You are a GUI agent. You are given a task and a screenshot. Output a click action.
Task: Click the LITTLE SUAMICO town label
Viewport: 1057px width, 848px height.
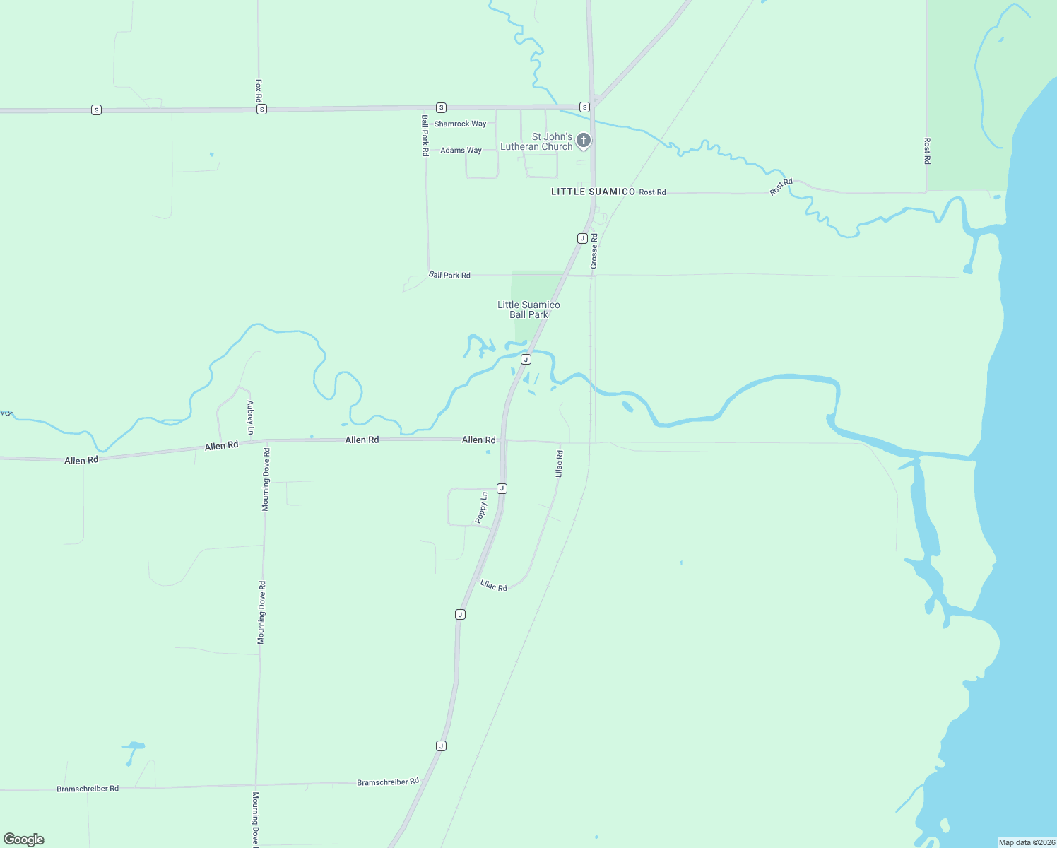tap(593, 192)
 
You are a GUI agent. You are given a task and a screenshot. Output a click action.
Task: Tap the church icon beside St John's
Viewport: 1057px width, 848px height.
tap(584, 140)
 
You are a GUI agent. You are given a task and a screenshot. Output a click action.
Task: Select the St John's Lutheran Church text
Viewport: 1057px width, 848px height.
tap(537, 141)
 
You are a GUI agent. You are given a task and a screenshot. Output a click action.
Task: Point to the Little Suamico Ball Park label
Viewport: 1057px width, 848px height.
tap(528, 310)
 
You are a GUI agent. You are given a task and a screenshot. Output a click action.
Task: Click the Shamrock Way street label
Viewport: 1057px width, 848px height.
tap(460, 124)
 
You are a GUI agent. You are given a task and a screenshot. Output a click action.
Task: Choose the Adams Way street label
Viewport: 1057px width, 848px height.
tap(461, 151)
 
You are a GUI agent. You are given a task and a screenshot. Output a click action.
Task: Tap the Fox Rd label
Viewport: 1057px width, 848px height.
tap(259, 91)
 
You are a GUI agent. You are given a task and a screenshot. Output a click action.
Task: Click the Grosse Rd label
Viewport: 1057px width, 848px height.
tap(594, 251)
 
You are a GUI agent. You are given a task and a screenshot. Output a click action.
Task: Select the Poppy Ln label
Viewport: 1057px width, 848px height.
tap(482, 507)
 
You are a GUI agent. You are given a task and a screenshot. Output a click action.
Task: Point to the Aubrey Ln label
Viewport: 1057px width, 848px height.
tap(250, 418)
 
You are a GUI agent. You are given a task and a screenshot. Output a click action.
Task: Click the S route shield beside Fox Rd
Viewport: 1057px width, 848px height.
tap(261, 110)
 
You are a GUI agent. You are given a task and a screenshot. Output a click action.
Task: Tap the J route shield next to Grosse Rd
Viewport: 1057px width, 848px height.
tap(582, 238)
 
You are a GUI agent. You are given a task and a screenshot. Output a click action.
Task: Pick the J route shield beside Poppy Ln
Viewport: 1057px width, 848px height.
tap(502, 488)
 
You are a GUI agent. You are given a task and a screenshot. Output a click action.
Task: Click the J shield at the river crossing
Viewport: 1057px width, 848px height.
tap(526, 360)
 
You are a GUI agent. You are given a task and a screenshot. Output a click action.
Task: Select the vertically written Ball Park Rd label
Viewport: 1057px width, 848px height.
tap(425, 135)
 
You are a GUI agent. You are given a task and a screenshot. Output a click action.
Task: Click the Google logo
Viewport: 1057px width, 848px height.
tap(24, 840)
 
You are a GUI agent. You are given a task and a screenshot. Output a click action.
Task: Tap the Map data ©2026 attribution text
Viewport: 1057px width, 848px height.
tap(1027, 842)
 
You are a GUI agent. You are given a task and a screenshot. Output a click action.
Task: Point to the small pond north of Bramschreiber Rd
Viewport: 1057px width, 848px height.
tap(132, 746)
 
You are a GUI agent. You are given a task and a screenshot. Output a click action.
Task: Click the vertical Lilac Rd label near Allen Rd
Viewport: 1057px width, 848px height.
tap(560, 464)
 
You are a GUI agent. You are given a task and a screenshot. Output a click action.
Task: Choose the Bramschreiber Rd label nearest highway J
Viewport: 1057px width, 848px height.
tap(388, 782)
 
